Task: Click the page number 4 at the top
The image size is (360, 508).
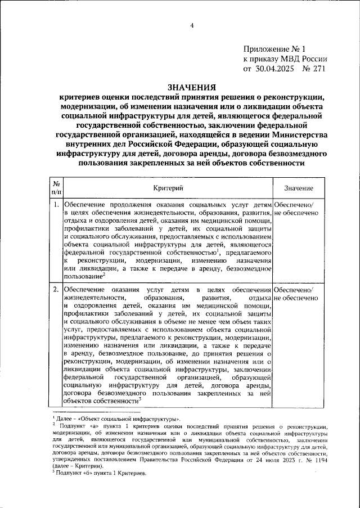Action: [x=191, y=25]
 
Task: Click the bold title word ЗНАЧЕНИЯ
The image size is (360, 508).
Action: [x=191, y=87]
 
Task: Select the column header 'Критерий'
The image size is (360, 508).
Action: [x=168, y=188]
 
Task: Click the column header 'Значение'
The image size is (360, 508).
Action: [x=299, y=188]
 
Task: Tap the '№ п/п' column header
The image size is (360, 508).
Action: [x=56, y=188]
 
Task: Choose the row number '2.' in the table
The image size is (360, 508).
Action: [x=56, y=289]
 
